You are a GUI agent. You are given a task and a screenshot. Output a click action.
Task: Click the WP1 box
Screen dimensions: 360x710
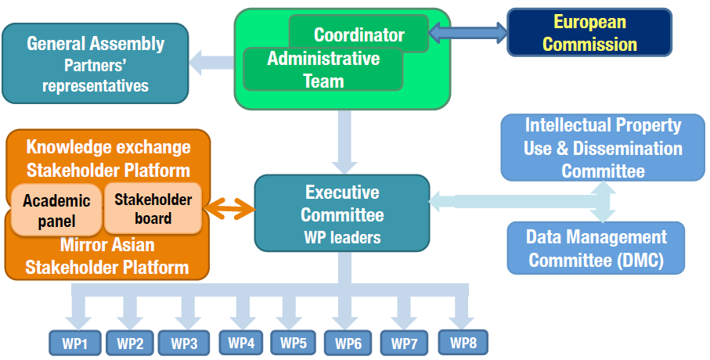[x=75, y=342]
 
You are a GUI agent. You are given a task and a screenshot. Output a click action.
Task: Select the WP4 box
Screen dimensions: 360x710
[x=241, y=342]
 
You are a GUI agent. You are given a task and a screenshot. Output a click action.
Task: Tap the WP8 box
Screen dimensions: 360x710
[x=463, y=341]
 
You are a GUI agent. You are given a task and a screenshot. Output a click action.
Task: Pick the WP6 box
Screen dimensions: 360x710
[x=348, y=342]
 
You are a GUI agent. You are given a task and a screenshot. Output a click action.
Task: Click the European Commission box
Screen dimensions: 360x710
[x=589, y=33]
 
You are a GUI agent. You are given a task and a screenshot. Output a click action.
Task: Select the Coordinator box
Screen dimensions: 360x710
[x=359, y=34]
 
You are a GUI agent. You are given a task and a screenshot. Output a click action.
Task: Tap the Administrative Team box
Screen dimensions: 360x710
[x=323, y=70]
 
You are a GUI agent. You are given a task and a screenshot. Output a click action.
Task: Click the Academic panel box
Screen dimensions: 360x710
[x=56, y=211]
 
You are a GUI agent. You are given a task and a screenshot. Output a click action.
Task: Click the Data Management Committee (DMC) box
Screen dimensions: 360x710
[x=595, y=248]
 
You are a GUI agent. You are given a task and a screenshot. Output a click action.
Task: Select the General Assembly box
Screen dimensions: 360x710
[x=96, y=63]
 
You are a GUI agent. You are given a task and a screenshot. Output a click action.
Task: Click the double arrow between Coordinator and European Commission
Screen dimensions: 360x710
[x=468, y=32]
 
